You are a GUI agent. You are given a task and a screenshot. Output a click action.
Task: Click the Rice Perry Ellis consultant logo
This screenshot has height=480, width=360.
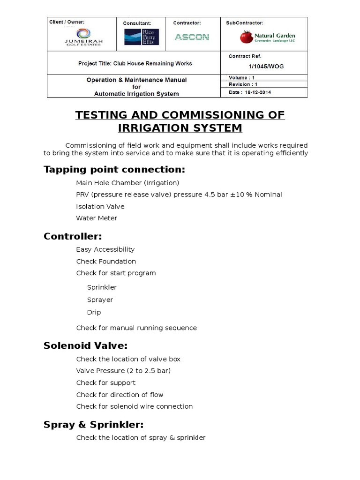[x=142, y=37]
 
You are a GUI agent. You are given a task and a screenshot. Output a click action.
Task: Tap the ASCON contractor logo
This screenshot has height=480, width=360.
[x=192, y=37]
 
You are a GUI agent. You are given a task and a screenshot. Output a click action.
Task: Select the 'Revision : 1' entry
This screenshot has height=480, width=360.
[x=243, y=85]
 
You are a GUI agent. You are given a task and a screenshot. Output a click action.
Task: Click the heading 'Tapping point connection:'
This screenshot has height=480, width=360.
[x=114, y=169]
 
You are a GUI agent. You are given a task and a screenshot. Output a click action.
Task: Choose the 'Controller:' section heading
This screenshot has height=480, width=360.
[x=73, y=236]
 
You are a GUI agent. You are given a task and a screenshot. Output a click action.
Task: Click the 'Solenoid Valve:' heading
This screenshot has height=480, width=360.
[x=85, y=345]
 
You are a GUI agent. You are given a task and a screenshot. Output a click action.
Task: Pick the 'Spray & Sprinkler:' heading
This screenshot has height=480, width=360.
[x=93, y=425]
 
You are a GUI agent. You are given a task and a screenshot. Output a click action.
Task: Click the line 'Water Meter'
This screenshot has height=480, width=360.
[x=97, y=218]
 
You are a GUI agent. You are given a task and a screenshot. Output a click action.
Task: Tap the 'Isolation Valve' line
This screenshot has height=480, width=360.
[x=100, y=206]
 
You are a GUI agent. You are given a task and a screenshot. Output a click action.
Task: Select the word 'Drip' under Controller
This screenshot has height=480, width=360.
[x=94, y=312]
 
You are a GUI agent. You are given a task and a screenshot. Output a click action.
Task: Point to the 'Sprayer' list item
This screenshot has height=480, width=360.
[x=100, y=300]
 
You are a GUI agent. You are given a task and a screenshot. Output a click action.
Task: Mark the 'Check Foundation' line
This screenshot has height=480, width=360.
[x=106, y=261]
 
